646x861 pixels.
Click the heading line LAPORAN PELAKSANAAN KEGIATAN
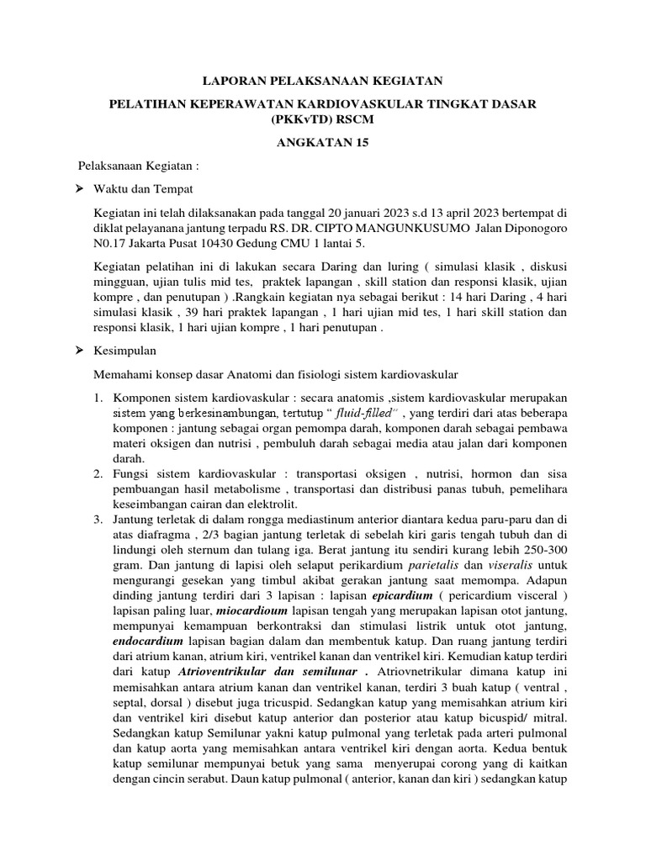coord(324,81)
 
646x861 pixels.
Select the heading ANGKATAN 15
coord(323,143)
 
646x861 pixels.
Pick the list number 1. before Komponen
coord(98,396)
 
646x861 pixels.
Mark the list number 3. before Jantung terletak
coord(98,523)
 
